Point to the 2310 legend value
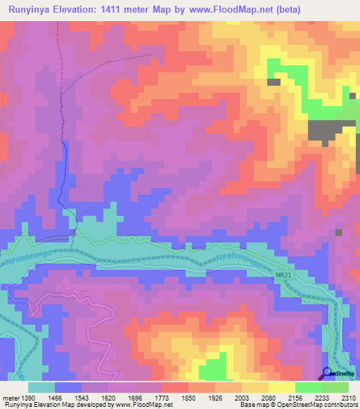(x=348, y=397)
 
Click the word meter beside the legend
(x=11, y=397)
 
